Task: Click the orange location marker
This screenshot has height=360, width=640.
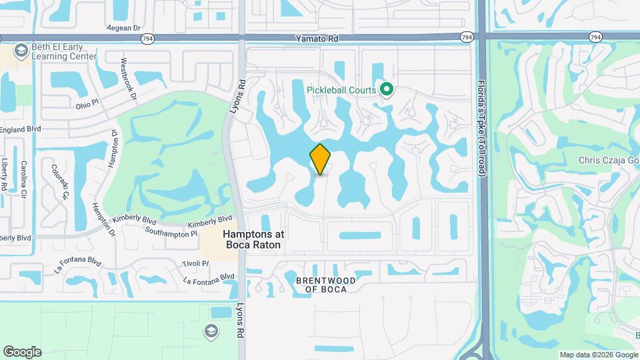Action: tap(320, 159)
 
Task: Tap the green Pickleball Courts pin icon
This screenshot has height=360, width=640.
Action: tap(385, 89)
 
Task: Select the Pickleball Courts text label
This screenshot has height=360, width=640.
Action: tap(341, 90)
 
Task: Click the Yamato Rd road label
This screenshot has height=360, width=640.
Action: tap(317, 39)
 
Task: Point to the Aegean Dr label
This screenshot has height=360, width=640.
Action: tap(124, 28)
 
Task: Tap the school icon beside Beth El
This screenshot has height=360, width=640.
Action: tap(21, 51)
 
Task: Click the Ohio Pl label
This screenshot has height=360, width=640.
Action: tap(87, 105)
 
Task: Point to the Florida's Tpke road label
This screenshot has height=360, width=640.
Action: tap(481, 129)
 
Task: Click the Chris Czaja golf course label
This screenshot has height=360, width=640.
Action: tap(609, 161)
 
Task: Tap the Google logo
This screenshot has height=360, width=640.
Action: tap(22, 352)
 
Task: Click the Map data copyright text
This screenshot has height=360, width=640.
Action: tap(599, 355)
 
